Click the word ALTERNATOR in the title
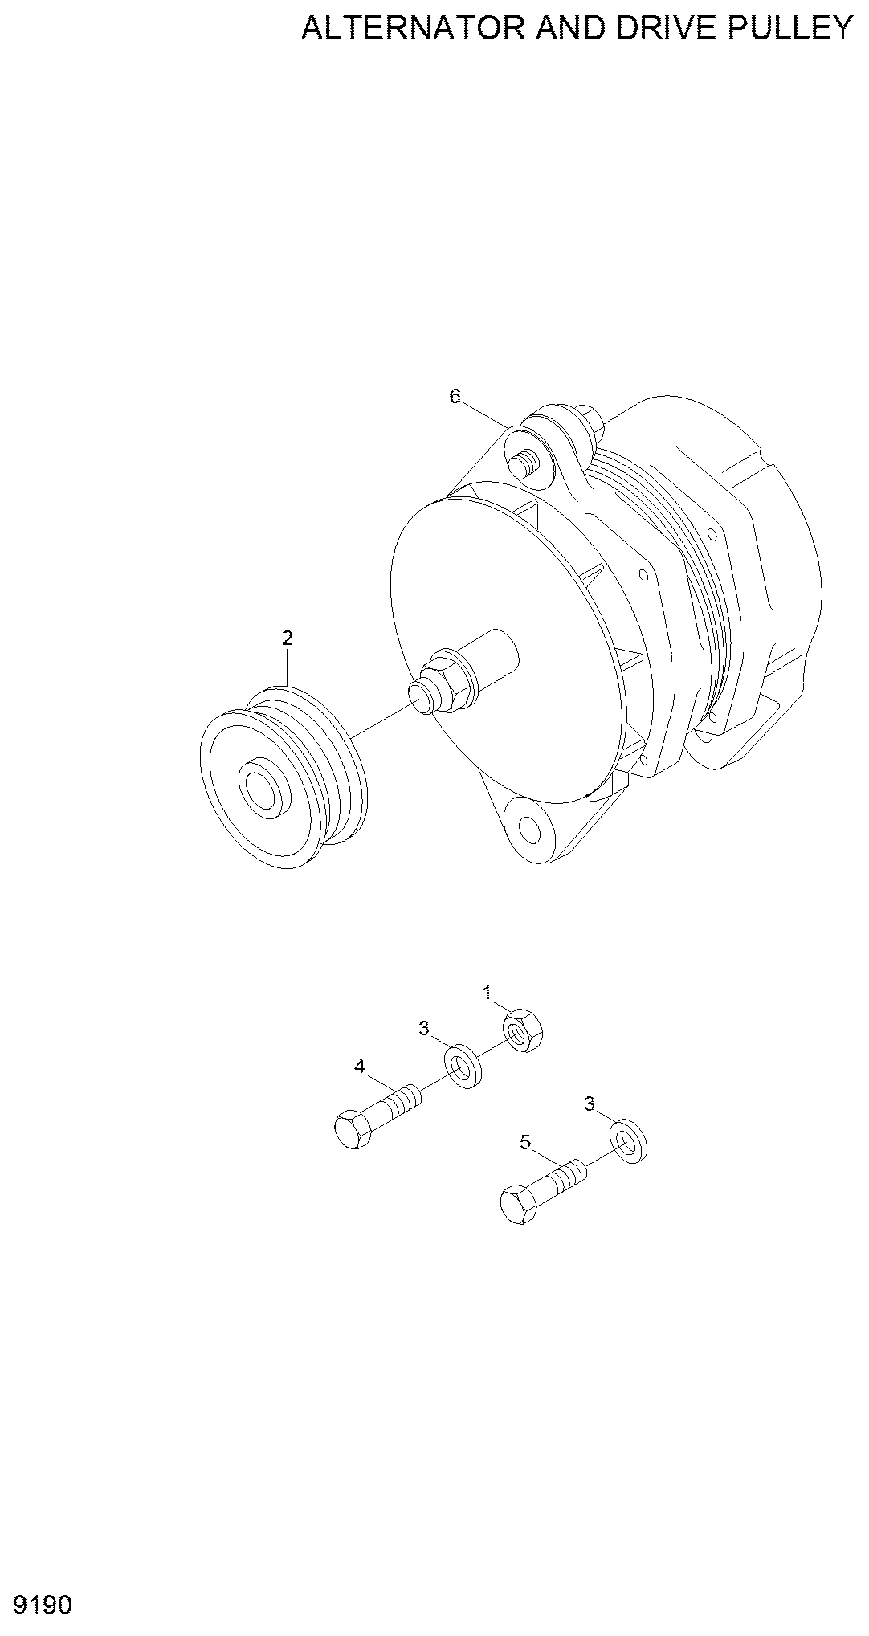(x=412, y=28)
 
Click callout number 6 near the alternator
(x=455, y=396)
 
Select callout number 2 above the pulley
(x=287, y=638)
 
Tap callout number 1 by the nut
(x=487, y=993)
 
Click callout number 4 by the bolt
(x=360, y=1067)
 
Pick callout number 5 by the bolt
(x=525, y=1142)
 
